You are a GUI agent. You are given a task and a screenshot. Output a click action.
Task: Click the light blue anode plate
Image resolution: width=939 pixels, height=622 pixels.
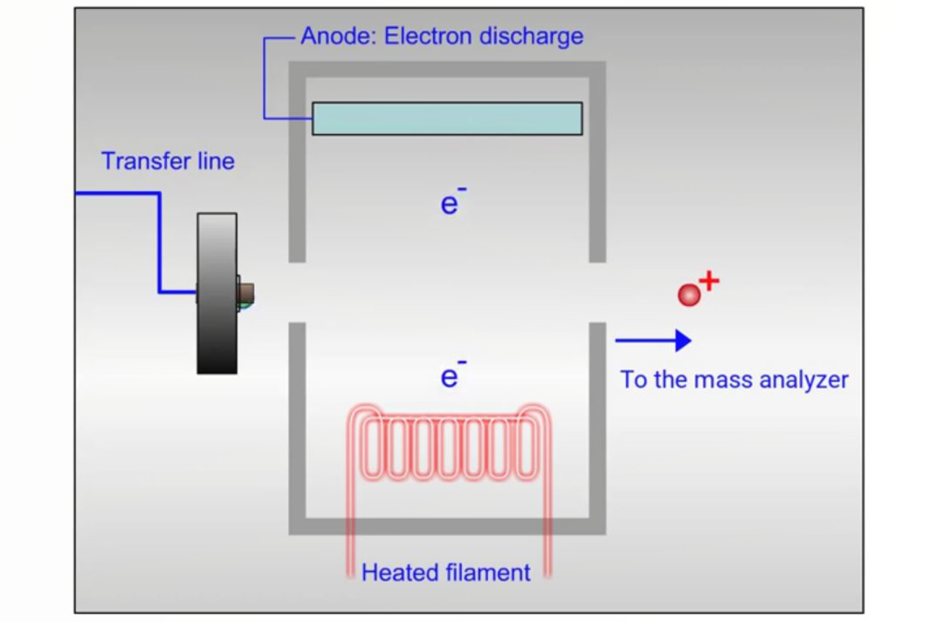coord(447,119)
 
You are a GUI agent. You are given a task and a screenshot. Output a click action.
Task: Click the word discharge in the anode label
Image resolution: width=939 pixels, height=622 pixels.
coord(531,36)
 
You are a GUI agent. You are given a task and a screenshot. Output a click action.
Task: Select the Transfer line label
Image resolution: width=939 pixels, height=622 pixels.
coord(168,161)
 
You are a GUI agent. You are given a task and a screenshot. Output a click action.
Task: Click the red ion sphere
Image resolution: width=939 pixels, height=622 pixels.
coord(689,295)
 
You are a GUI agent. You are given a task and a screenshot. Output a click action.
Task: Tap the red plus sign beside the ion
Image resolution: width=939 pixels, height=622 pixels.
coord(709,281)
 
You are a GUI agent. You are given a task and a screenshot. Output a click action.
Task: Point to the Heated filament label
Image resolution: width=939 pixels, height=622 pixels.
coord(445,573)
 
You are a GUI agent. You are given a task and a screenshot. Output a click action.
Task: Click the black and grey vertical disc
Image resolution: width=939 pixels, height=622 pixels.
coord(217,293)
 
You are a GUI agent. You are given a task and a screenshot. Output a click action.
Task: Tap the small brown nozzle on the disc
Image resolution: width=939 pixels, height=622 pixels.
coord(246,292)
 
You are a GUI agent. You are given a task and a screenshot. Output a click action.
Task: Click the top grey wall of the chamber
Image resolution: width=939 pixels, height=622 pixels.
coord(447,69)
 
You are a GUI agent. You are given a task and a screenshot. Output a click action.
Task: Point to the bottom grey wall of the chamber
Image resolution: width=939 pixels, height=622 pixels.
coord(447,526)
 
